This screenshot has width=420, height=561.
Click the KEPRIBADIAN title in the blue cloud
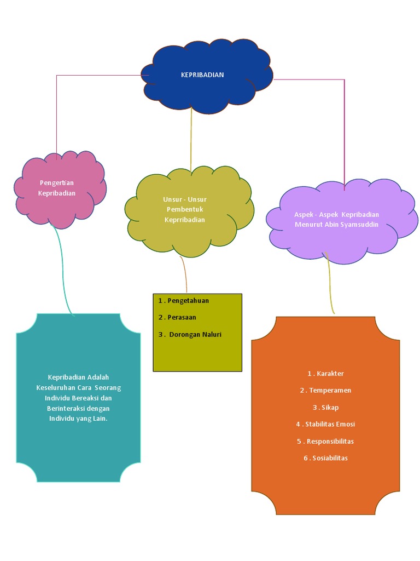click(202, 75)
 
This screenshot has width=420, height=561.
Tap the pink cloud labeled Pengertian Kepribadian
click(57, 188)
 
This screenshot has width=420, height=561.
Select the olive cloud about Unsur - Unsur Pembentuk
click(185, 209)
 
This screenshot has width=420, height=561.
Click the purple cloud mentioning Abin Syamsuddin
click(336, 220)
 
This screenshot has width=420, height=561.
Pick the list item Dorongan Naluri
click(195, 334)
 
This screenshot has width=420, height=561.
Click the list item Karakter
click(329, 374)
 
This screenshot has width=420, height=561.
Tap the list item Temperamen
click(330, 391)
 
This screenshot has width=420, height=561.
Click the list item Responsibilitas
click(330, 441)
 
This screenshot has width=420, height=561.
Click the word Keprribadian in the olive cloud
click(185, 220)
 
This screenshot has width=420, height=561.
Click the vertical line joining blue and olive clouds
click(191, 140)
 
